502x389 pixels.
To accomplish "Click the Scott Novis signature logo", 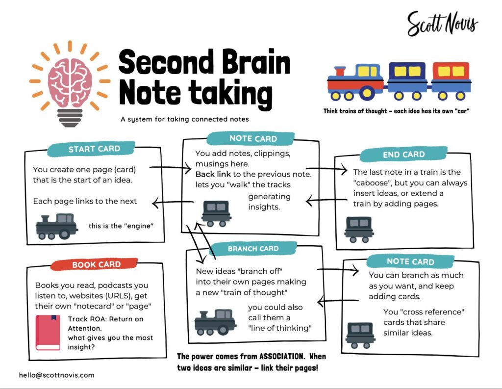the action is pos(443,24).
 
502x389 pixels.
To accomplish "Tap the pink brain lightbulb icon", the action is pos(70,84).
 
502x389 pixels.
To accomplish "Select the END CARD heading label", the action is pos(403,155).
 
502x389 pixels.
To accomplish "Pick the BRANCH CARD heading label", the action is pos(253,249).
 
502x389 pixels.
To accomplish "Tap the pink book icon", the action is pos(48,333).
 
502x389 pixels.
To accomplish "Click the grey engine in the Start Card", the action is pos(57,226).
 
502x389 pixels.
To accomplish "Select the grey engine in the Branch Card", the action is pos(215,322).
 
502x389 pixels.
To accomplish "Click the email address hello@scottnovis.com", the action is pos(57,375).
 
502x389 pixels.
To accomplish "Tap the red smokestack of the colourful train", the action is pos(340,71).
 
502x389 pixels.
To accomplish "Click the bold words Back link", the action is pos(213,174).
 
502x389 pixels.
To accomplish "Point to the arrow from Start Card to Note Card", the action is pos(170,168).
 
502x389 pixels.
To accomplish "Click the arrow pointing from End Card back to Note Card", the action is pos(326,201).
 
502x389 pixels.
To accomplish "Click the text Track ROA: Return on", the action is pos(106,319).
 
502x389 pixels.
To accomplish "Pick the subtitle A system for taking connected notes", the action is pos(185,119).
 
